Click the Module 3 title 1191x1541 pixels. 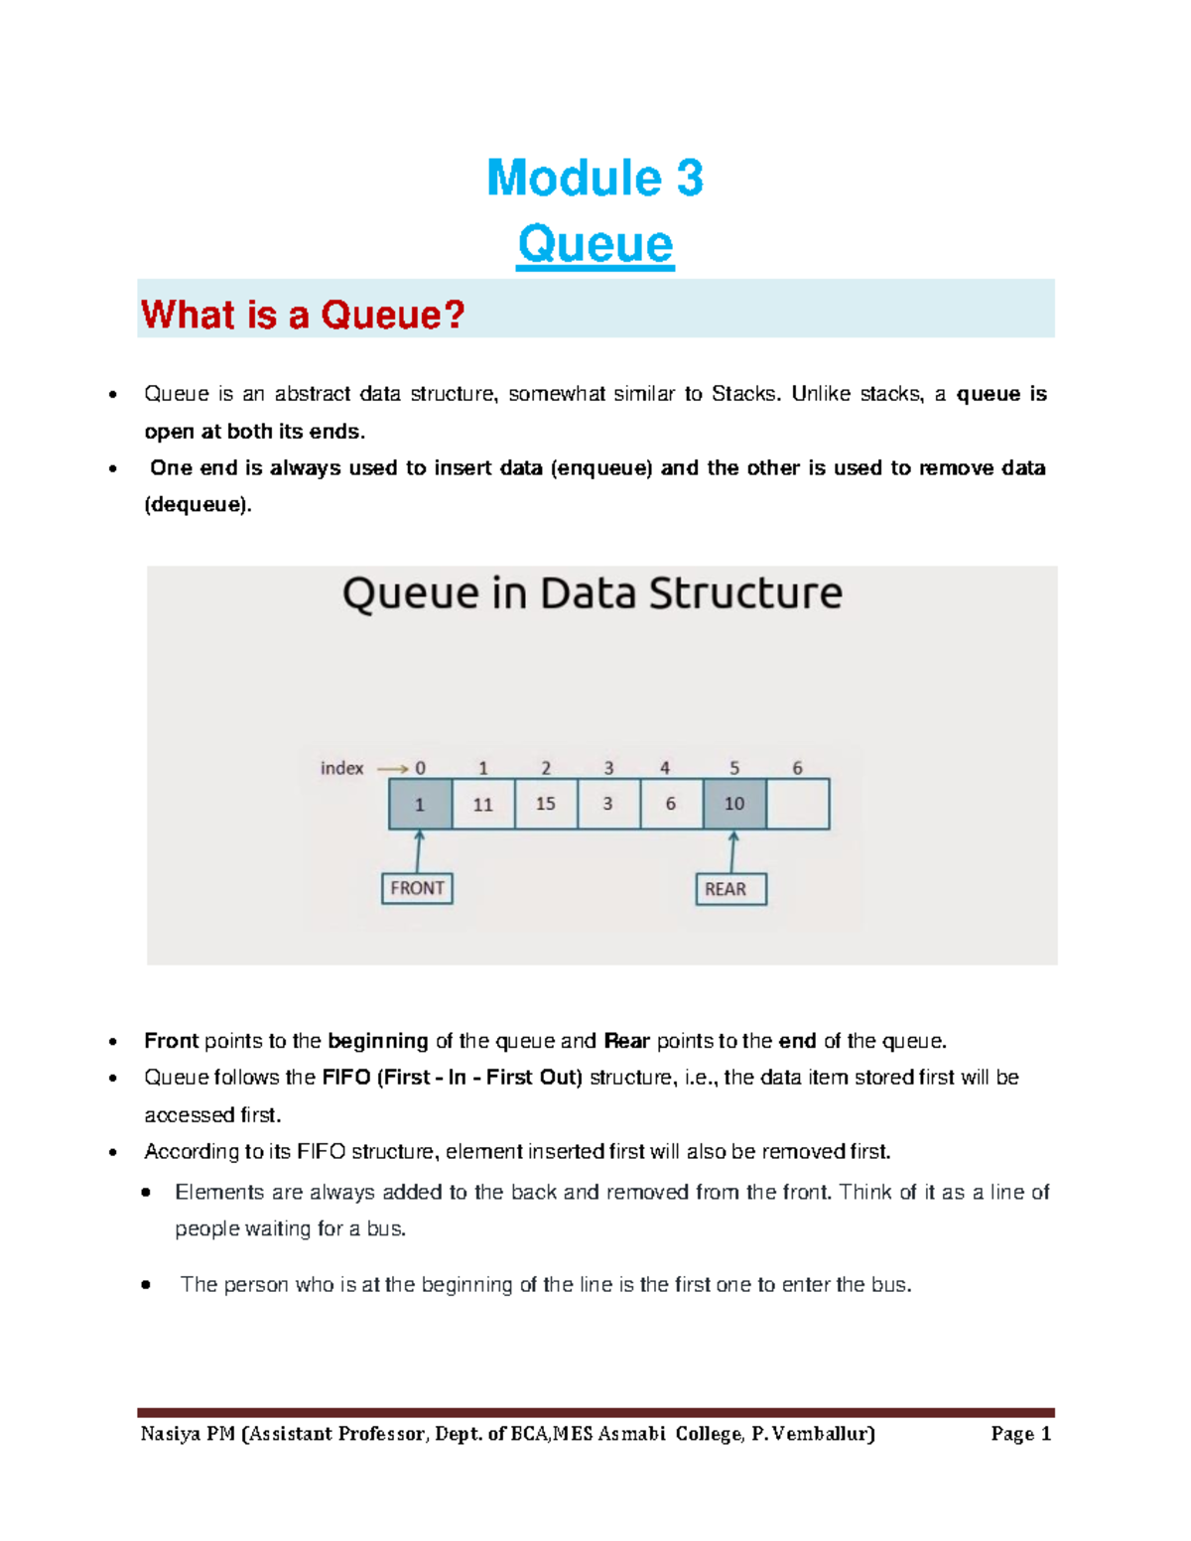tap(595, 179)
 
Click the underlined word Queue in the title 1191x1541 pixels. tap(595, 244)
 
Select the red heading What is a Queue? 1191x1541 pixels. tap(303, 315)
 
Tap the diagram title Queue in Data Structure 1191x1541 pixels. tap(593, 593)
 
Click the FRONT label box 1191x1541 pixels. tap(417, 888)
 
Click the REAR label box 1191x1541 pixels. tap(730, 889)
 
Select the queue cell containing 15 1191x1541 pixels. tap(546, 804)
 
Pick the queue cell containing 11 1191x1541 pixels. tap(483, 804)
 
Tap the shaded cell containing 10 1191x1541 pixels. tap(734, 804)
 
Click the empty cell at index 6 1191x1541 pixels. tap(798, 804)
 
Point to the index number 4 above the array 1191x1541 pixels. tap(665, 768)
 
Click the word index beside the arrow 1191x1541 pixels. tap(341, 768)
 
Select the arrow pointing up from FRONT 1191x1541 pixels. tap(419, 851)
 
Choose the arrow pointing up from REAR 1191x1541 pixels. tap(733, 852)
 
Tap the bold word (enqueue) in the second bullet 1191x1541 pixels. tap(601, 468)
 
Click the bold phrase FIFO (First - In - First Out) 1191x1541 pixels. tap(453, 1078)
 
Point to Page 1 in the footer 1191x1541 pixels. tap(1020, 1434)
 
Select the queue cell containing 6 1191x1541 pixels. tap(671, 804)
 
